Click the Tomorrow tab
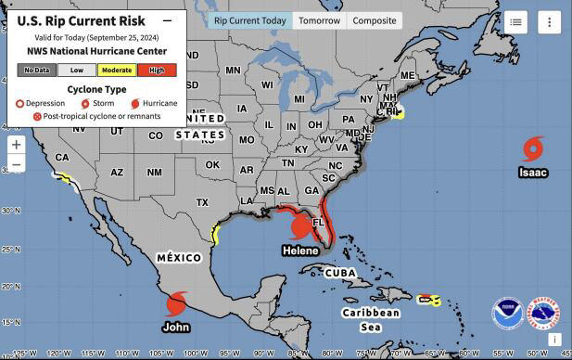click(x=320, y=20)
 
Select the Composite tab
click(x=375, y=20)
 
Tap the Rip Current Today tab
click(x=249, y=20)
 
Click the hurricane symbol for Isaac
click(x=533, y=148)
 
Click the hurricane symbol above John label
click(x=176, y=303)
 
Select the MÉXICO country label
click(x=179, y=256)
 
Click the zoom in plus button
click(x=16, y=145)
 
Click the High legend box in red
click(x=157, y=70)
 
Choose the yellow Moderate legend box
click(x=117, y=70)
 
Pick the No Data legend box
click(x=37, y=70)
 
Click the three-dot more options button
click(x=549, y=22)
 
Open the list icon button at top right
click(x=516, y=22)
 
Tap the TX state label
click(x=202, y=202)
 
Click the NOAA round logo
click(x=507, y=315)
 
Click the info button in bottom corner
click(x=553, y=341)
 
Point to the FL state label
click(x=318, y=224)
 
